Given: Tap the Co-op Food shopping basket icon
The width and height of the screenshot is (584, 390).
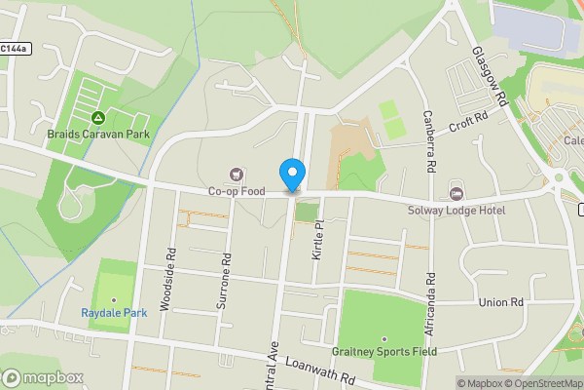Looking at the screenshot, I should (x=236, y=175).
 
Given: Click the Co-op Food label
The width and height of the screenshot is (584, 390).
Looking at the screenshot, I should (x=237, y=192).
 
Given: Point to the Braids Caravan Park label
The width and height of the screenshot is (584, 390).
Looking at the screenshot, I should (x=99, y=134).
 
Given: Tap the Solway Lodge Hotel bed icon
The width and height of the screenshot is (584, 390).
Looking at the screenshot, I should (x=456, y=193).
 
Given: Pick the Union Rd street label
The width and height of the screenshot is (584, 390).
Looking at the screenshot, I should (x=501, y=302).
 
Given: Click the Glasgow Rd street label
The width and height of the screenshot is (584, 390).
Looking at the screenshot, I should (x=490, y=77).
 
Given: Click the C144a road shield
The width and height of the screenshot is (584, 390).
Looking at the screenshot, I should (x=14, y=48).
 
